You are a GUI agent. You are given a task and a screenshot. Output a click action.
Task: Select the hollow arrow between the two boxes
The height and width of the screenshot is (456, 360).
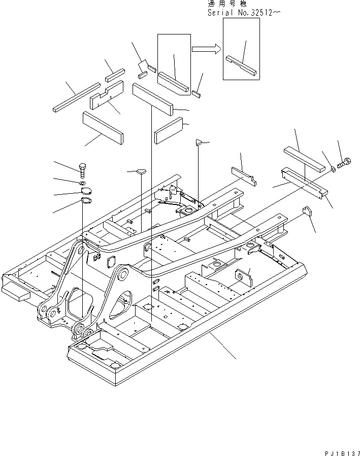point(206,49)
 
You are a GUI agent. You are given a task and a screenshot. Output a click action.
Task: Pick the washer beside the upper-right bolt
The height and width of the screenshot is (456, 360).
point(332,168)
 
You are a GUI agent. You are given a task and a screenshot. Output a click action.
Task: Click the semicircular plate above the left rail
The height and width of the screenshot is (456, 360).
point(140,171)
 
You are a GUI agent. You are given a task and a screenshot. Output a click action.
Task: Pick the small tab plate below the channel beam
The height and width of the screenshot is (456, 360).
point(307,211)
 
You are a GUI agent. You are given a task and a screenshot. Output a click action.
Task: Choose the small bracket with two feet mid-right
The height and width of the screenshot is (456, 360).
point(244,175)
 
